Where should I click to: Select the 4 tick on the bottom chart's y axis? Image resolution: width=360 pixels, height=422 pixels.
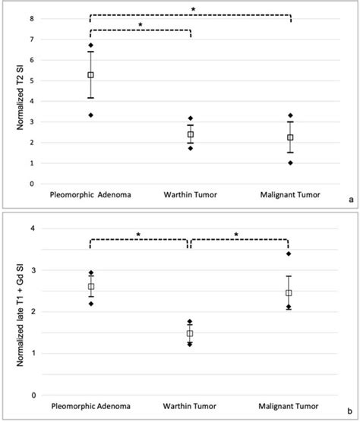(x=31, y=228)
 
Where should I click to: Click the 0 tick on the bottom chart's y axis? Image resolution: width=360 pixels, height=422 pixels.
(x=31, y=395)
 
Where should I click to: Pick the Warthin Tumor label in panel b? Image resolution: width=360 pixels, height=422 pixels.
(x=190, y=411)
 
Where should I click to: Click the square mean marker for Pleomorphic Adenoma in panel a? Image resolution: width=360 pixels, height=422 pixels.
(x=90, y=75)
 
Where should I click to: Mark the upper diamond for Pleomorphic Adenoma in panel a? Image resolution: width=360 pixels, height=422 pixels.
(x=90, y=46)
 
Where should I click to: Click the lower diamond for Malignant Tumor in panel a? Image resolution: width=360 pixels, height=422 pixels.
(x=289, y=162)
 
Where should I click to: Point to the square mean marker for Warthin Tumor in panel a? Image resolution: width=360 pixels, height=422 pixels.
(x=190, y=134)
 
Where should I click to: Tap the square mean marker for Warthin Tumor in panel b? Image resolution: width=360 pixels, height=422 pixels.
(x=190, y=333)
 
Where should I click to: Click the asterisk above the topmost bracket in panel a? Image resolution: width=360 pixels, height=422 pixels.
(x=193, y=9)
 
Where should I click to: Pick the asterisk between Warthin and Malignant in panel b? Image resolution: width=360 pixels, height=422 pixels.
(x=238, y=235)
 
